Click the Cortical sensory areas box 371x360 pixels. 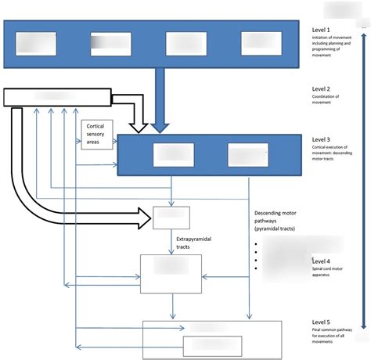[x=96, y=135]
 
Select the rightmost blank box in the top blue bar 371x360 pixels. [x=261, y=44]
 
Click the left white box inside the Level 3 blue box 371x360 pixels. [x=173, y=155]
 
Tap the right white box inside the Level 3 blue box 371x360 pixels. [x=247, y=155]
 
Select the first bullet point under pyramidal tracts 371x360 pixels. [x=258, y=244]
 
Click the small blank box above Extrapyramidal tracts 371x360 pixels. [x=171, y=218]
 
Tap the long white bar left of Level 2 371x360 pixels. [x=57, y=96]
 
